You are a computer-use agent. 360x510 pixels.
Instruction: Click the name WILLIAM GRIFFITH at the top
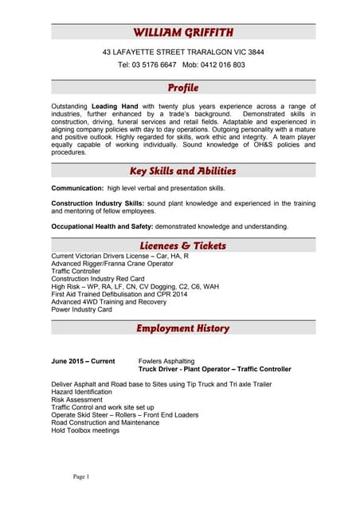[183, 32]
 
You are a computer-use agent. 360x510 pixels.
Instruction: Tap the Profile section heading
[183, 88]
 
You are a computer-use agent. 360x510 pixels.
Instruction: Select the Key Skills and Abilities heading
[183, 171]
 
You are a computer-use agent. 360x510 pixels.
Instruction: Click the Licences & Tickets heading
[183, 245]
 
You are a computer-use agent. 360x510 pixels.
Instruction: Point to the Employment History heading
[183, 328]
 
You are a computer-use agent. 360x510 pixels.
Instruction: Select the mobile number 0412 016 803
[223, 65]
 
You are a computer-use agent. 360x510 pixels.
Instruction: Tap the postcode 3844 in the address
[255, 52]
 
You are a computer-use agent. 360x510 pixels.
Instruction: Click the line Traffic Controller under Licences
[83, 271]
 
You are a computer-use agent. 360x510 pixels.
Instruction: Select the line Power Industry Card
[81, 309]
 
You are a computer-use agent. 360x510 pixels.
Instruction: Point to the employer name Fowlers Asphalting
[166, 361]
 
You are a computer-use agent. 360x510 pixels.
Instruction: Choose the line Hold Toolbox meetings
[85, 430]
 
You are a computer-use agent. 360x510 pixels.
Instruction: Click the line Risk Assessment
[77, 399]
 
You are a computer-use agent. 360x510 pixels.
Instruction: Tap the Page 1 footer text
[81, 477]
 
